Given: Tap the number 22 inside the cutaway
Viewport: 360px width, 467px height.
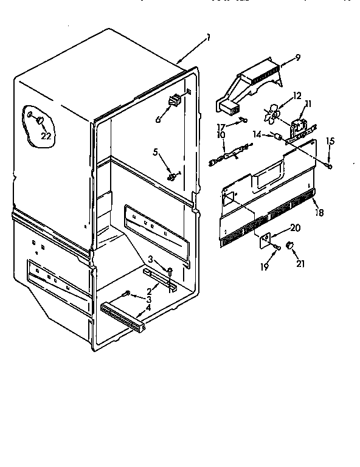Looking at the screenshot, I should pos(46,136).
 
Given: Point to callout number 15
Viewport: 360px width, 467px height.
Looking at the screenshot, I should pos(330,142).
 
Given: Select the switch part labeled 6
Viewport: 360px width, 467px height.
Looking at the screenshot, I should pos(175,101).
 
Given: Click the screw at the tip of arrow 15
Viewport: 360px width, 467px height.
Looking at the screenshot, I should pos(328,164).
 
